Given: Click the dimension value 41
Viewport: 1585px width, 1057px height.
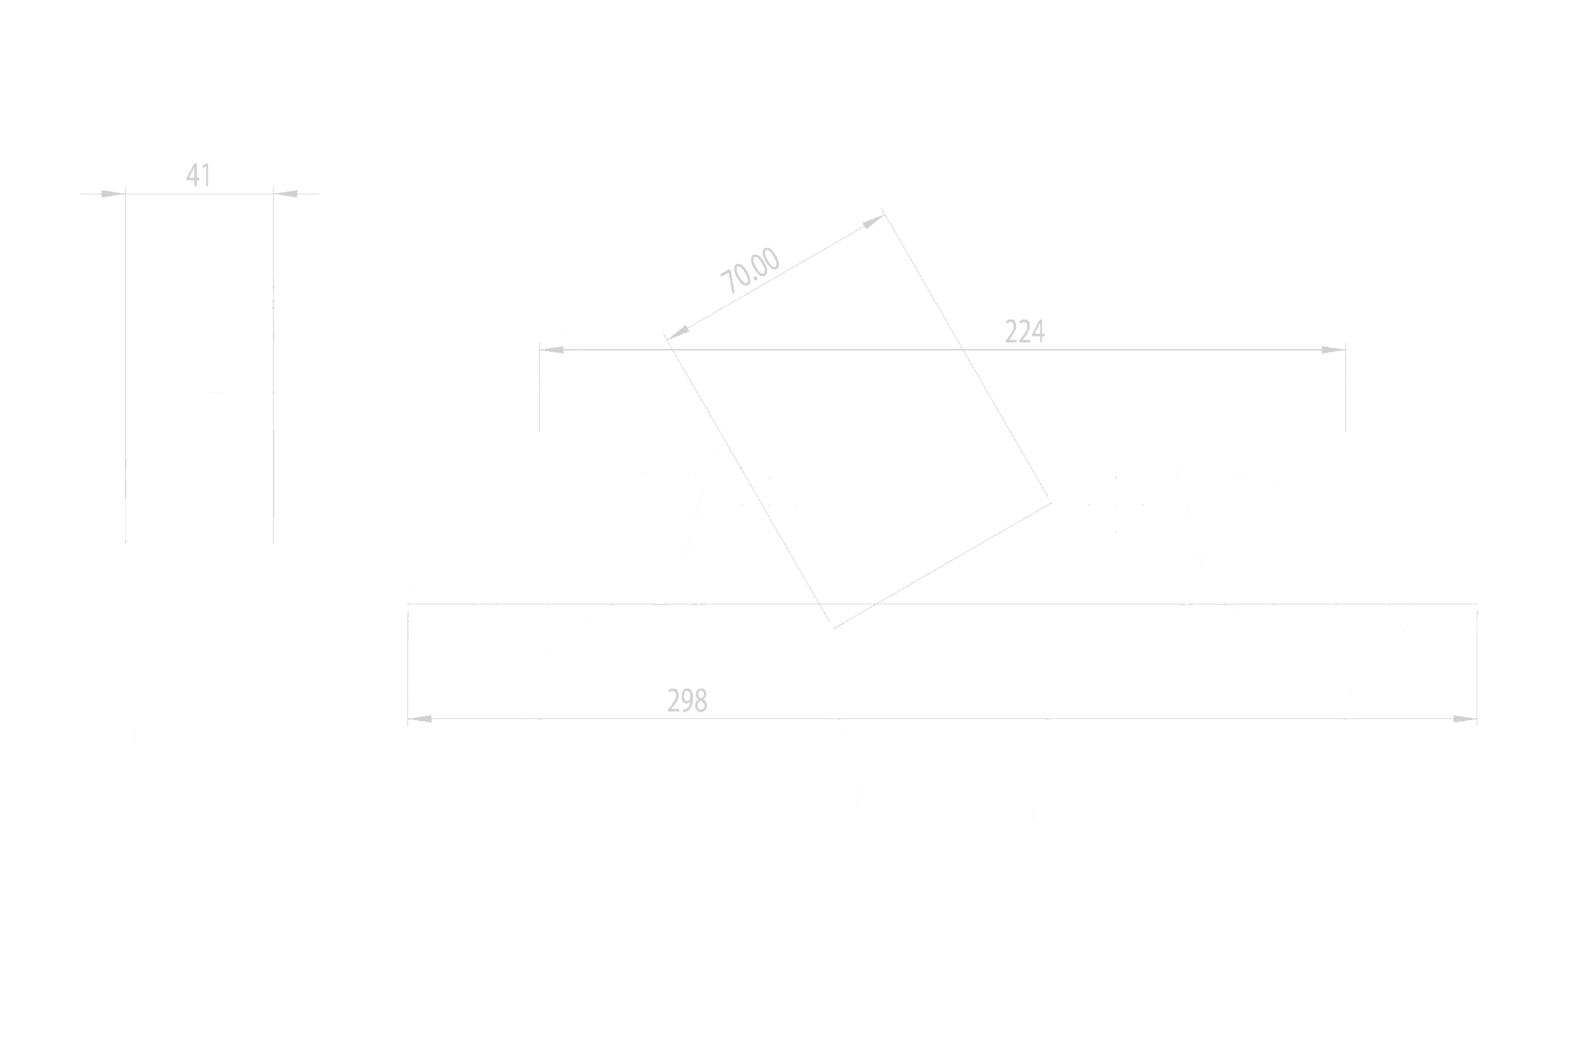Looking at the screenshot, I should tap(198, 175).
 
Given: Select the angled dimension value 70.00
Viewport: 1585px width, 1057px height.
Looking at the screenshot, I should tap(749, 271).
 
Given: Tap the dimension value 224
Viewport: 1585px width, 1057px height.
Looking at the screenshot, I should tap(1024, 332).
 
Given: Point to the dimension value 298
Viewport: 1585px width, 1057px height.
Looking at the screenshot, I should tap(687, 701).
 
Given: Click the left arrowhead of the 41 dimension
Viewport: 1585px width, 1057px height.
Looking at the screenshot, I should tap(113, 194).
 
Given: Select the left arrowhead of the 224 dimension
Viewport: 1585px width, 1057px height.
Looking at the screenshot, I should tap(552, 350).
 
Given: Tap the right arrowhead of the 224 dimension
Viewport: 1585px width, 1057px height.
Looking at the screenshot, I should tap(1333, 350).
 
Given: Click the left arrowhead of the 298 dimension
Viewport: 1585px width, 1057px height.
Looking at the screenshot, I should tap(420, 720).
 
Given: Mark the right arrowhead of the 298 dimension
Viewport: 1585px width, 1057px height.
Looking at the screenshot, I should tap(1464, 720).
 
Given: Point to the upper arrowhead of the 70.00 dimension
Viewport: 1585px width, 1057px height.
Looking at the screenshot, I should tap(874, 220).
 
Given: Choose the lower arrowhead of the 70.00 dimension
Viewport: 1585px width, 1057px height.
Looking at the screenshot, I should tap(678, 331).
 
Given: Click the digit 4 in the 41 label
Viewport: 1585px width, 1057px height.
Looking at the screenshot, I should tap(193, 175).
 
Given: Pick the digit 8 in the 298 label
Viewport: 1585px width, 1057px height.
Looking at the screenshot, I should tap(701, 701).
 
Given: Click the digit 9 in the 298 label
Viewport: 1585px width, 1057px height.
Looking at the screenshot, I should tap(687, 701).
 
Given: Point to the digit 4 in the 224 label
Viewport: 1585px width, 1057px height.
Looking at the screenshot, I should tap(1038, 332).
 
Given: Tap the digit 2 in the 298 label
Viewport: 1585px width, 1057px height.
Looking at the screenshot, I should tap(674, 701).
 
